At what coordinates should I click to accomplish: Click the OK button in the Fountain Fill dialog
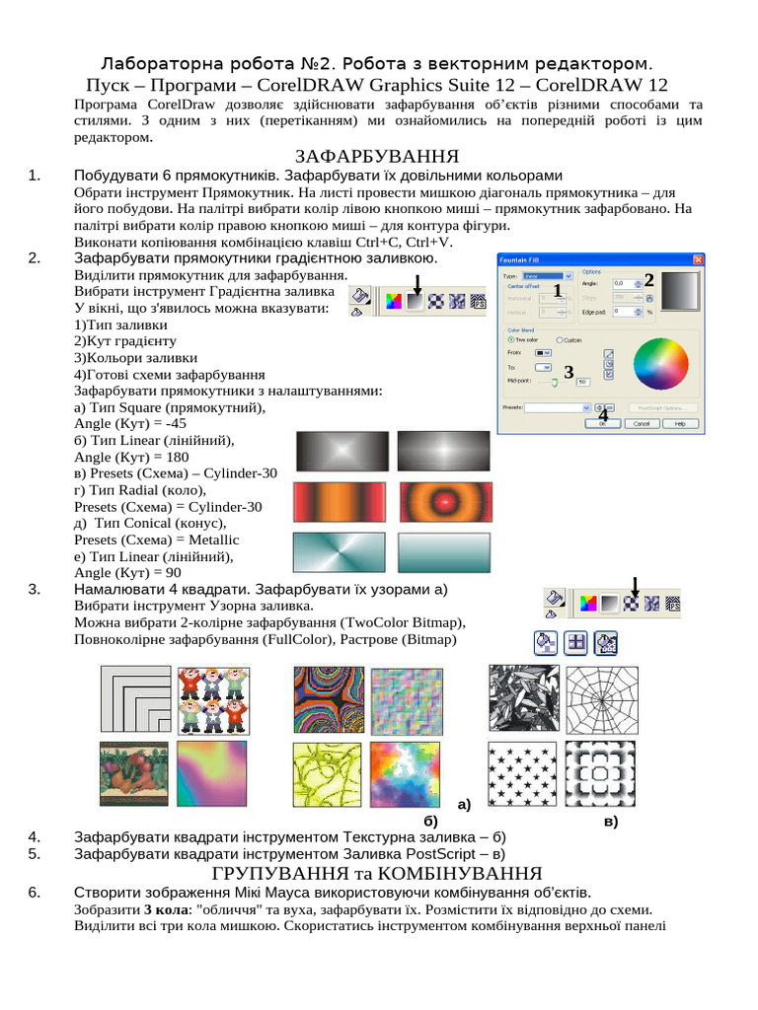601,423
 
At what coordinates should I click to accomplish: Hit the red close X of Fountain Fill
698,259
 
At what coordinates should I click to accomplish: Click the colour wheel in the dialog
661,364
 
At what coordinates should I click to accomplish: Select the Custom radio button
561,340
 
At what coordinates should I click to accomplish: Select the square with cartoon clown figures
210,697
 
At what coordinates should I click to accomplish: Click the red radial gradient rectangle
443,502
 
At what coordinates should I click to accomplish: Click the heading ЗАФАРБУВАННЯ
378,157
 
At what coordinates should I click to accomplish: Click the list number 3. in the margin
35,589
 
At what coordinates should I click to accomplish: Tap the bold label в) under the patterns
610,821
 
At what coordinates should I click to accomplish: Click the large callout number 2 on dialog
649,279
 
